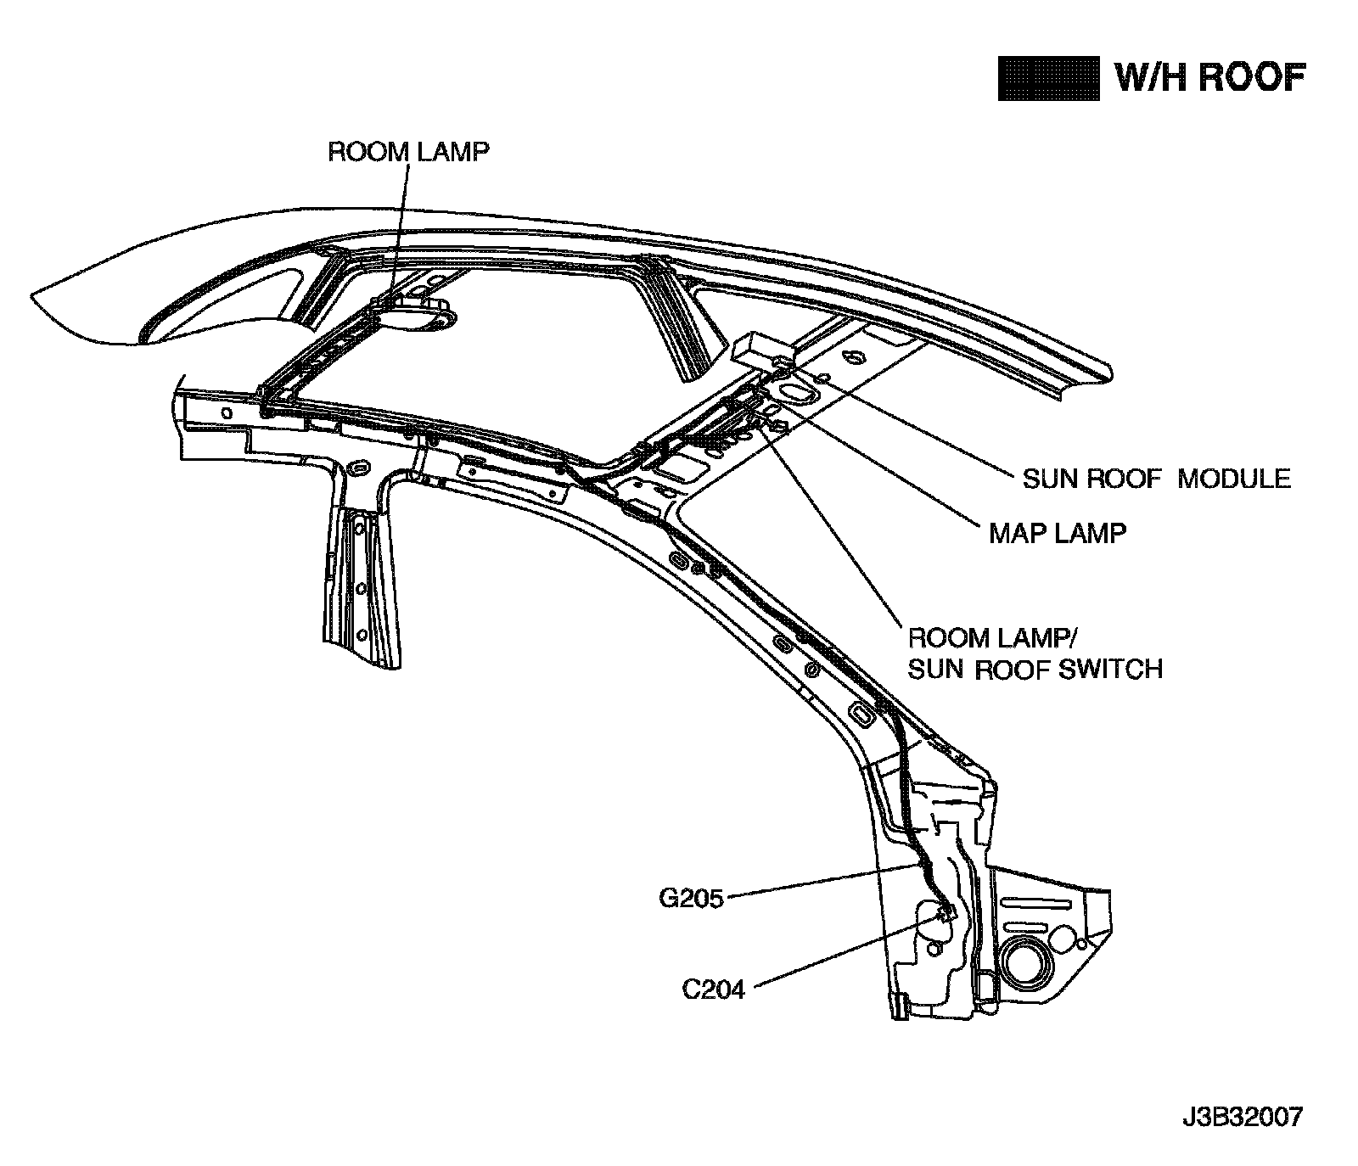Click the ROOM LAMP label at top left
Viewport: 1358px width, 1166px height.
tap(408, 152)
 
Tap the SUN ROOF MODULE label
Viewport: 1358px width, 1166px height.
tap(1156, 479)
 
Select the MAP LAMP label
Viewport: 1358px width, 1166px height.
tap(1058, 533)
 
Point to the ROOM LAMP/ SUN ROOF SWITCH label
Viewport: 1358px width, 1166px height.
tap(1035, 653)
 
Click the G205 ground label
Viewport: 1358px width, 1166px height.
tap(691, 898)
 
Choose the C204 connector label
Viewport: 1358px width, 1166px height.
tap(714, 989)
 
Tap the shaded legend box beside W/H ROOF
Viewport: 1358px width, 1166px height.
tap(1048, 79)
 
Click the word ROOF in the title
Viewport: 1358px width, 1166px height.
tap(1252, 78)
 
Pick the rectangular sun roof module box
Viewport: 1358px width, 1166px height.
tap(761, 349)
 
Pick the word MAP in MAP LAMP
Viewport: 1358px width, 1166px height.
tap(1018, 533)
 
